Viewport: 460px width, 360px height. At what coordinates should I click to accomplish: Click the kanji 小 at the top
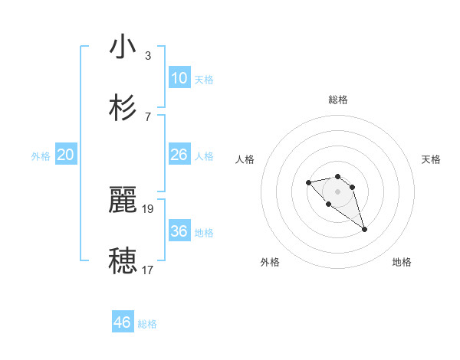[123, 47]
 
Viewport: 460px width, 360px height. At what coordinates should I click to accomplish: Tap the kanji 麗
[123, 200]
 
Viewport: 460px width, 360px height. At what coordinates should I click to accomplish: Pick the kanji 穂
[123, 260]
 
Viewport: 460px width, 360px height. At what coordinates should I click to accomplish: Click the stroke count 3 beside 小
[148, 55]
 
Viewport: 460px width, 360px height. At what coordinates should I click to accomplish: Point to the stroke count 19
[148, 208]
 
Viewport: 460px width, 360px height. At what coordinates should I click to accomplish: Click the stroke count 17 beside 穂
[148, 270]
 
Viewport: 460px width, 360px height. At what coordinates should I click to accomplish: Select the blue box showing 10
[179, 78]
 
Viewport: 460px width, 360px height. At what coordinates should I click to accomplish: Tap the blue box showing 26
[179, 155]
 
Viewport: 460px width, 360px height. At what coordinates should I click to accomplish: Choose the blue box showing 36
[179, 231]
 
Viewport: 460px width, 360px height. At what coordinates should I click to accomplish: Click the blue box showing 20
[65, 155]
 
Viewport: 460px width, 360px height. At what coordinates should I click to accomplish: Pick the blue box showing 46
[122, 322]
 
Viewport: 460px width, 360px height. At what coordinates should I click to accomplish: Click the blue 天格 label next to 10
[203, 80]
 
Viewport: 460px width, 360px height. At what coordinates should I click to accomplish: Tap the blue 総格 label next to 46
[147, 324]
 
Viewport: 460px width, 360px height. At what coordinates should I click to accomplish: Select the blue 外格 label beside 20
[41, 156]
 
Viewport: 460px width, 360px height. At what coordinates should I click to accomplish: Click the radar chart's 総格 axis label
[337, 100]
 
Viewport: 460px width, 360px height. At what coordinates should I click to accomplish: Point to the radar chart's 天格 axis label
[431, 159]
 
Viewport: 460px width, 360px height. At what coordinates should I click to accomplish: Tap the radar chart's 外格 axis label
[270, 262]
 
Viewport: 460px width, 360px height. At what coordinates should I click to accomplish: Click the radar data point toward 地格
[364, 229]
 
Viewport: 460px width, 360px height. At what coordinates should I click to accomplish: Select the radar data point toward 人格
[308, 182]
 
